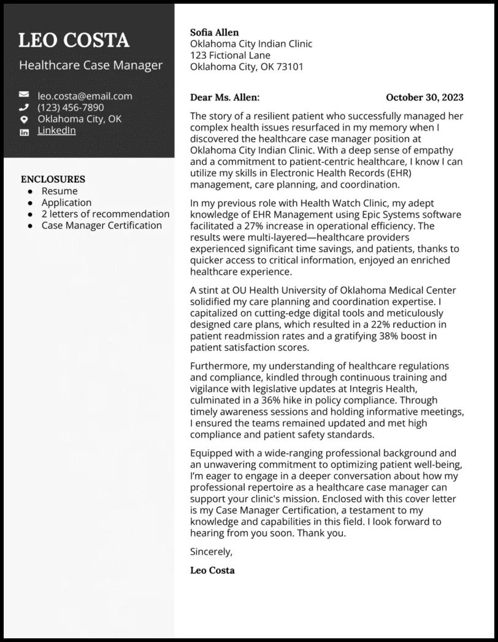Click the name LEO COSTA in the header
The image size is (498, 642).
(x=74, y=40)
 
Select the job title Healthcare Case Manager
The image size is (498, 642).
(x=91, y=65)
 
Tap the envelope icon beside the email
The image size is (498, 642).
(x=24, y=96)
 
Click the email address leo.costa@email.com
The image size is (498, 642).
(x=85, y=96)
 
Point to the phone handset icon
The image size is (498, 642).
(x=24, y=107)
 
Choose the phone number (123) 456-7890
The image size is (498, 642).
(x=71, y=107)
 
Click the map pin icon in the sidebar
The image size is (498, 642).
(x=24, y=120)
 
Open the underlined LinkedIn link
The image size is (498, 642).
(x=56, y=131)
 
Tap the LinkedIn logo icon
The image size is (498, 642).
(x=24, y=132)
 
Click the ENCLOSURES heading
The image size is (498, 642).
(x=53, y=179)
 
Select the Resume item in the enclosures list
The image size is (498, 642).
(x=59, y=191)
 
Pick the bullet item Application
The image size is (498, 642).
(x=66, y=202)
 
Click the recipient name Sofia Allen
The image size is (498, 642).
(x=215, y=32)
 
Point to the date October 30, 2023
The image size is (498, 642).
(x=424, y=97)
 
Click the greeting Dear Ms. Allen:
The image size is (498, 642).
(x=224, y=97)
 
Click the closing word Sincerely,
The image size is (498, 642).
(x=212, y=551)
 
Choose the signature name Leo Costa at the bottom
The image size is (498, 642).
(x=212, y=570)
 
